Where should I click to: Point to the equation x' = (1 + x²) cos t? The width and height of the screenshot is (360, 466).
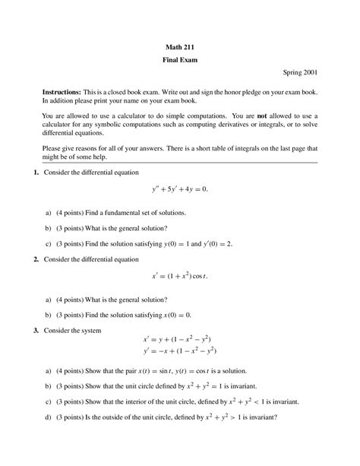[x=179, y=276]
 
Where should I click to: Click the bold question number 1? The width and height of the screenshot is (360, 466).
[x=36, y=173]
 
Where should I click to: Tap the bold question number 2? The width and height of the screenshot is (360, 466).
[x=36, y=260]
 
